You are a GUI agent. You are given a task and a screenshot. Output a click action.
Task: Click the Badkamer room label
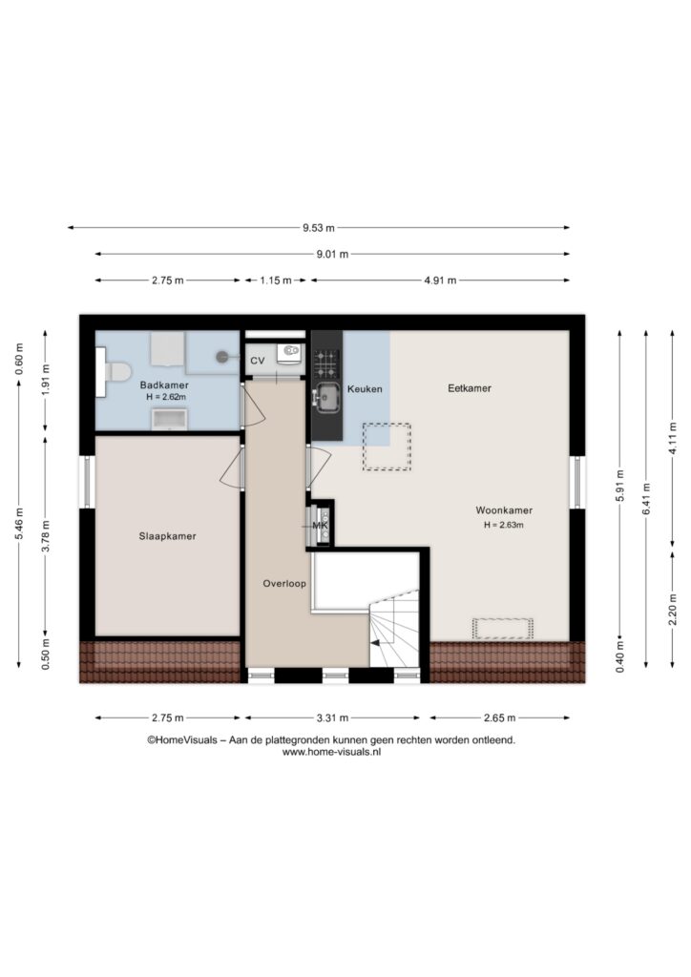point(164,385)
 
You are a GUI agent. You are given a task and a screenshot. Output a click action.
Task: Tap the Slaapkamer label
point(167,536)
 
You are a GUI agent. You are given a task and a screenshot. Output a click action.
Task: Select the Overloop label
point(284,584)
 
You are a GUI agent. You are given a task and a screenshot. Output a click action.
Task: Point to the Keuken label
point(365,389)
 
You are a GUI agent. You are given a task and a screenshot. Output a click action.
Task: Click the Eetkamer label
point(470,388)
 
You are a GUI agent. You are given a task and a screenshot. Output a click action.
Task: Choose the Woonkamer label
point(504,510)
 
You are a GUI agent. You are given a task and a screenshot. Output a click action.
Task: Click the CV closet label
point(258,361)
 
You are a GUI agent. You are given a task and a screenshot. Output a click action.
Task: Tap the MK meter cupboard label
point(320,526)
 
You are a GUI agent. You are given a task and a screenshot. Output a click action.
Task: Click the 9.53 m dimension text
point(319,228)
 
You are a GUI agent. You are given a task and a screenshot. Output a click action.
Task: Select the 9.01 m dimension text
point(332,254)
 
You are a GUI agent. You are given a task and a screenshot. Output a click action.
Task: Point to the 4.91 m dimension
point(440,281)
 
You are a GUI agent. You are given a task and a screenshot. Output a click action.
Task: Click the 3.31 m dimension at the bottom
point(332,717)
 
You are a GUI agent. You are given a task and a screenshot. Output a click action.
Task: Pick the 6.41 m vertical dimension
point(646,498)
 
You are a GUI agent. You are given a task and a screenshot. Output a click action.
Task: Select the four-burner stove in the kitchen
point(325,364)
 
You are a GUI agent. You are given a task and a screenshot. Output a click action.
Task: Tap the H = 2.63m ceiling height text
point(503,526)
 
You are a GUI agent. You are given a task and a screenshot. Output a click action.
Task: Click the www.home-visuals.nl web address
point(331,752)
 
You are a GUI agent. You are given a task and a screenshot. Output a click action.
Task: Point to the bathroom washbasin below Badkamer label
point(170,420)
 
